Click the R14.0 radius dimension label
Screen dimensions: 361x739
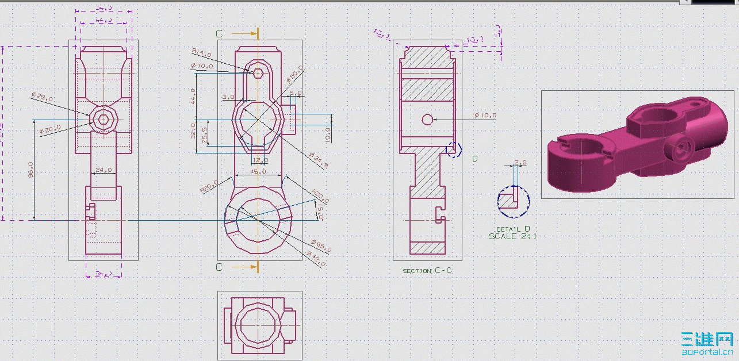click(x=201, y=53)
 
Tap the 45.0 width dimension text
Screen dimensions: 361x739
click(x=259, y=171)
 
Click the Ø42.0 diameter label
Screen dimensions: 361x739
click(x=316, y=258)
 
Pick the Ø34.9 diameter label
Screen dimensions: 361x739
click(x=318, y=160)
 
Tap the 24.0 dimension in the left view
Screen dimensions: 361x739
click(x=104, y=170)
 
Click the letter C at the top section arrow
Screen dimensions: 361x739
click(x=219, y=34)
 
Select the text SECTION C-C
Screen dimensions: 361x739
click(x=427, y=270)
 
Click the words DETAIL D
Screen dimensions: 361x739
click(x=513, y=229)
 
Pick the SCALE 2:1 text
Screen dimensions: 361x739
click(x=513, y=236)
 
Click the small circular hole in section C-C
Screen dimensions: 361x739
click(x=427, y=120)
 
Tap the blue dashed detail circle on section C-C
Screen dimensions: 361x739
click(x=454, y=149)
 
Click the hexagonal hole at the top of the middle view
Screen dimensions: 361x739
click(x=258, y=72)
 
